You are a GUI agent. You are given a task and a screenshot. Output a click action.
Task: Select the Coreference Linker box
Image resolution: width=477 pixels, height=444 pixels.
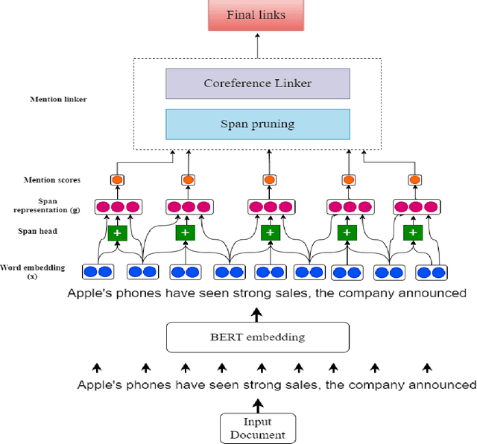(258, 83)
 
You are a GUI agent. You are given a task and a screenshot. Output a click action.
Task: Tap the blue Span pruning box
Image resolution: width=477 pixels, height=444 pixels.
(258, 124)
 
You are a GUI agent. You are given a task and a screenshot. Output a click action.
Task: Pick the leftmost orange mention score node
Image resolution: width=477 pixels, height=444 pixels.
(116, 180)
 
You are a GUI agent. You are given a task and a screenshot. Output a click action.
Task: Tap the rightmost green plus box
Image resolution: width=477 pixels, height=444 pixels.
(411, 233)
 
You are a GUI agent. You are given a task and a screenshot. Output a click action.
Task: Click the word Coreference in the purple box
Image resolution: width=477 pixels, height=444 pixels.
(237, 83)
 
